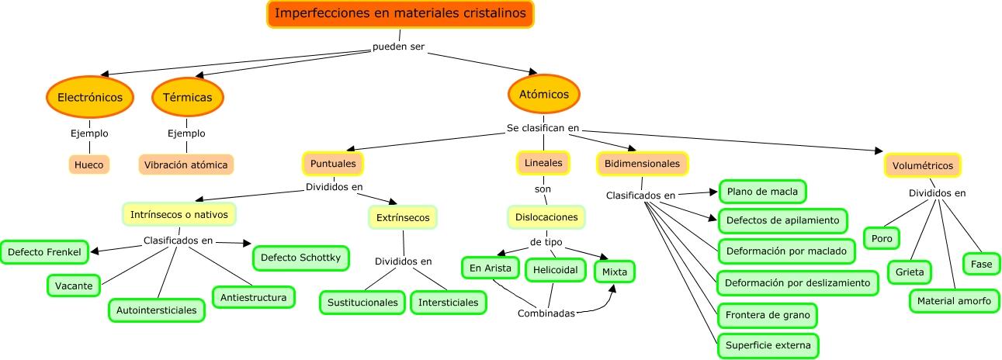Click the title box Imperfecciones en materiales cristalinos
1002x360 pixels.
click(x=400, y=14)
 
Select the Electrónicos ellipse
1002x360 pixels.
click(x=90, y=97)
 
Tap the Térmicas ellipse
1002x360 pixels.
click(x=188, y=97)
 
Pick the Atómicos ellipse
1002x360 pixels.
click(x=544, y=94)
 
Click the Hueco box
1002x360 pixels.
click(x=89, y=164)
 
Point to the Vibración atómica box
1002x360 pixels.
click(x=186, y=164)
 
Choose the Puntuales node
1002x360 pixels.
click(x=333, y=164)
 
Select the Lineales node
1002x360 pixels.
click(x=543, y=164)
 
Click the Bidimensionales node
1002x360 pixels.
click(x=642, y=164)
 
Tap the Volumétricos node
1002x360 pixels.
click(x=922, y=165)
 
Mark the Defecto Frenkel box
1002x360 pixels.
click(x=43, y=251)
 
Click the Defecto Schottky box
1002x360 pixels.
click(x=300, y=257)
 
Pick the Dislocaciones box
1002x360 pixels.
click(x=546, y=217)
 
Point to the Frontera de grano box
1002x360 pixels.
click(x=767, y=315)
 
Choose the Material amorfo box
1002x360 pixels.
click(x=954, y=300)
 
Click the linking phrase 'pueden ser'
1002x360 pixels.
click(x=398, y=48)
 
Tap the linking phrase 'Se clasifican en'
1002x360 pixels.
click(x=543, y=128)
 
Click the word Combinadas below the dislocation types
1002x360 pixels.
click(x=546, y=313)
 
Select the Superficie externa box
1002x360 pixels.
click(x=768, y=344)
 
